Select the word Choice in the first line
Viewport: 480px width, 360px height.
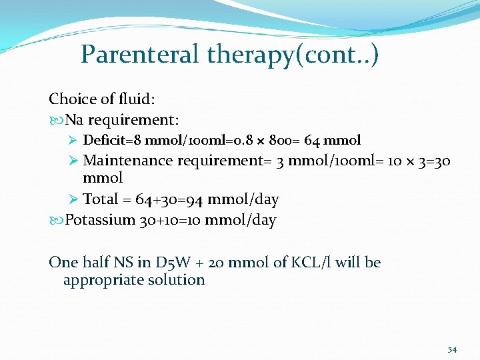tap(70, 99)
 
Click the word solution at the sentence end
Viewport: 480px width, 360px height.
tap(177, 280)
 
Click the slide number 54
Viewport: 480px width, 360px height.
tap(452, 349)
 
